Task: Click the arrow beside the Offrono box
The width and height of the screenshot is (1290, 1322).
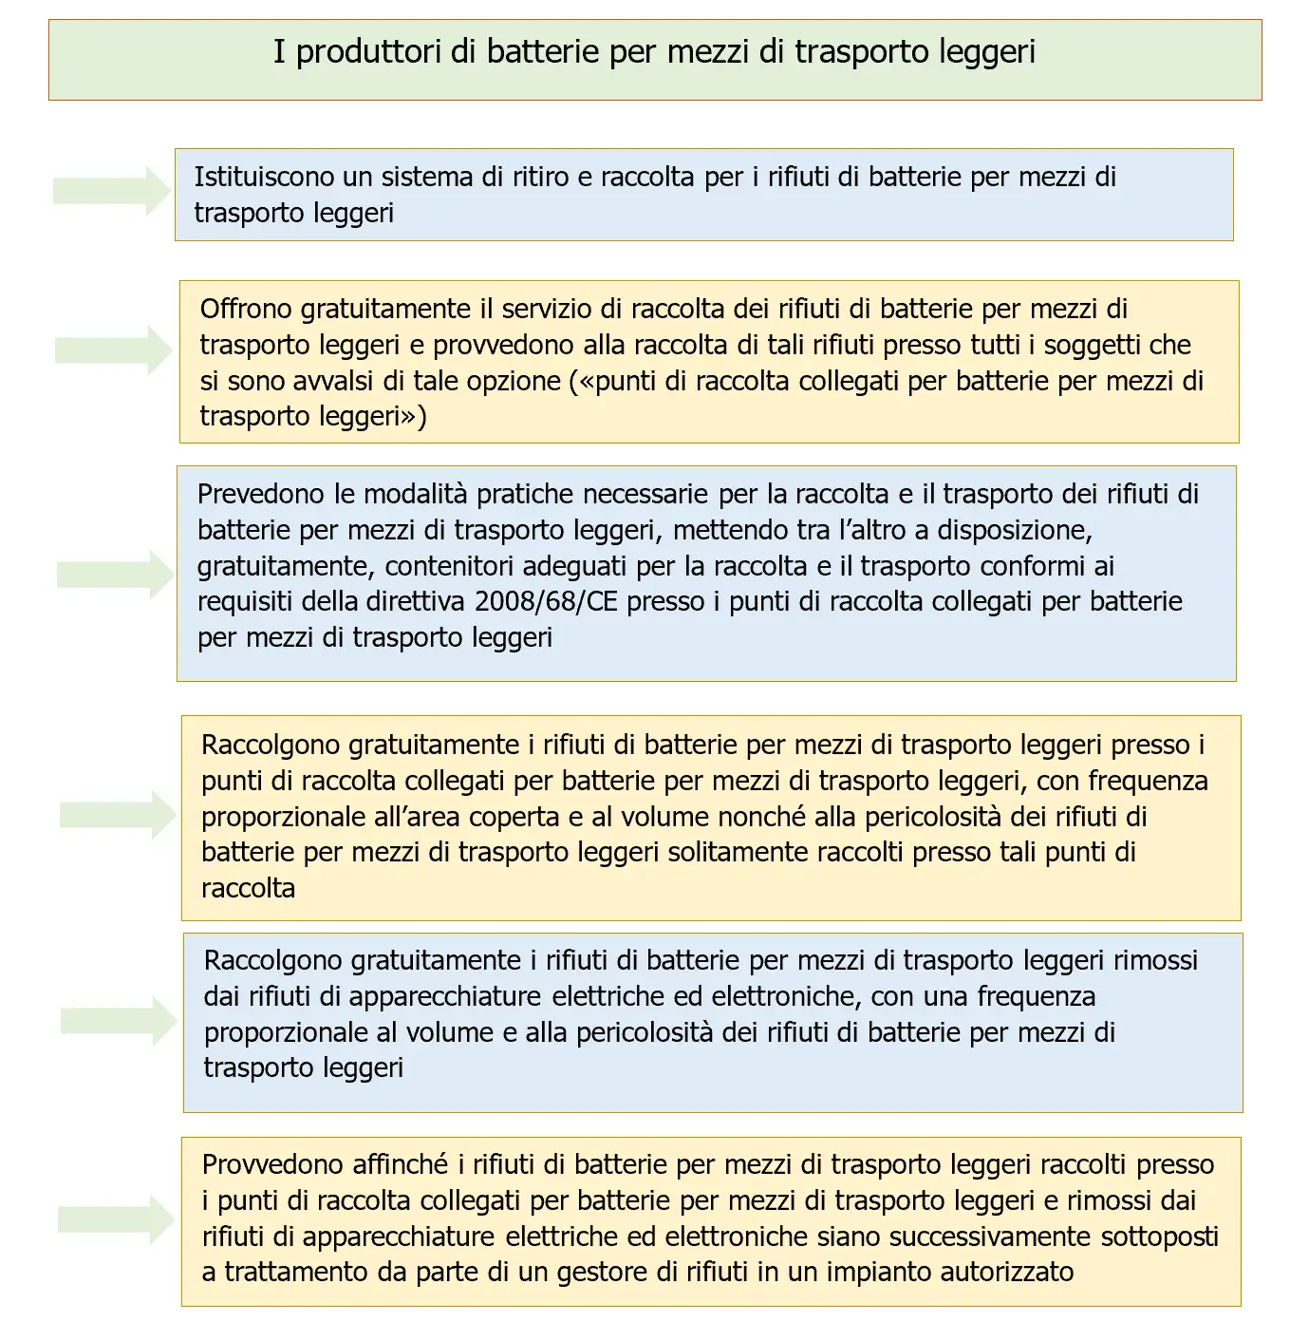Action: [113, 350]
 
